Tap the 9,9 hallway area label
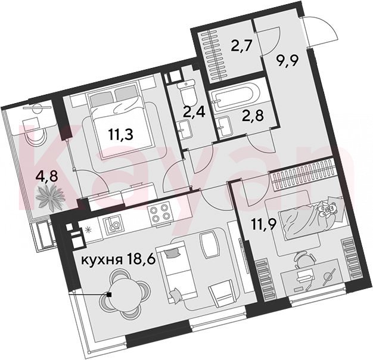coord(288,61)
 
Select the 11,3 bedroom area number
coord(121,135)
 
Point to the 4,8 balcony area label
coord(46,177)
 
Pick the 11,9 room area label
coord(265,225)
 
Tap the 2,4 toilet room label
coord(194,112)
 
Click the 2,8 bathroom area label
coord(253,116)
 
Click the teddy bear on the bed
coord(328,209)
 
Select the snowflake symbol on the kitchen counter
coord(88,230)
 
